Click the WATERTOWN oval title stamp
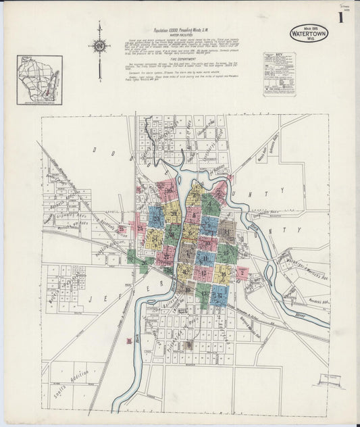[x=309, y=33]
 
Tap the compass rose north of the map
[x=100, y=46]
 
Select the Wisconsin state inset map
[x=39, y=80]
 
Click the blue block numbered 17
[x=218, y=295]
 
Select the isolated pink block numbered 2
[x=242, y=274]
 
